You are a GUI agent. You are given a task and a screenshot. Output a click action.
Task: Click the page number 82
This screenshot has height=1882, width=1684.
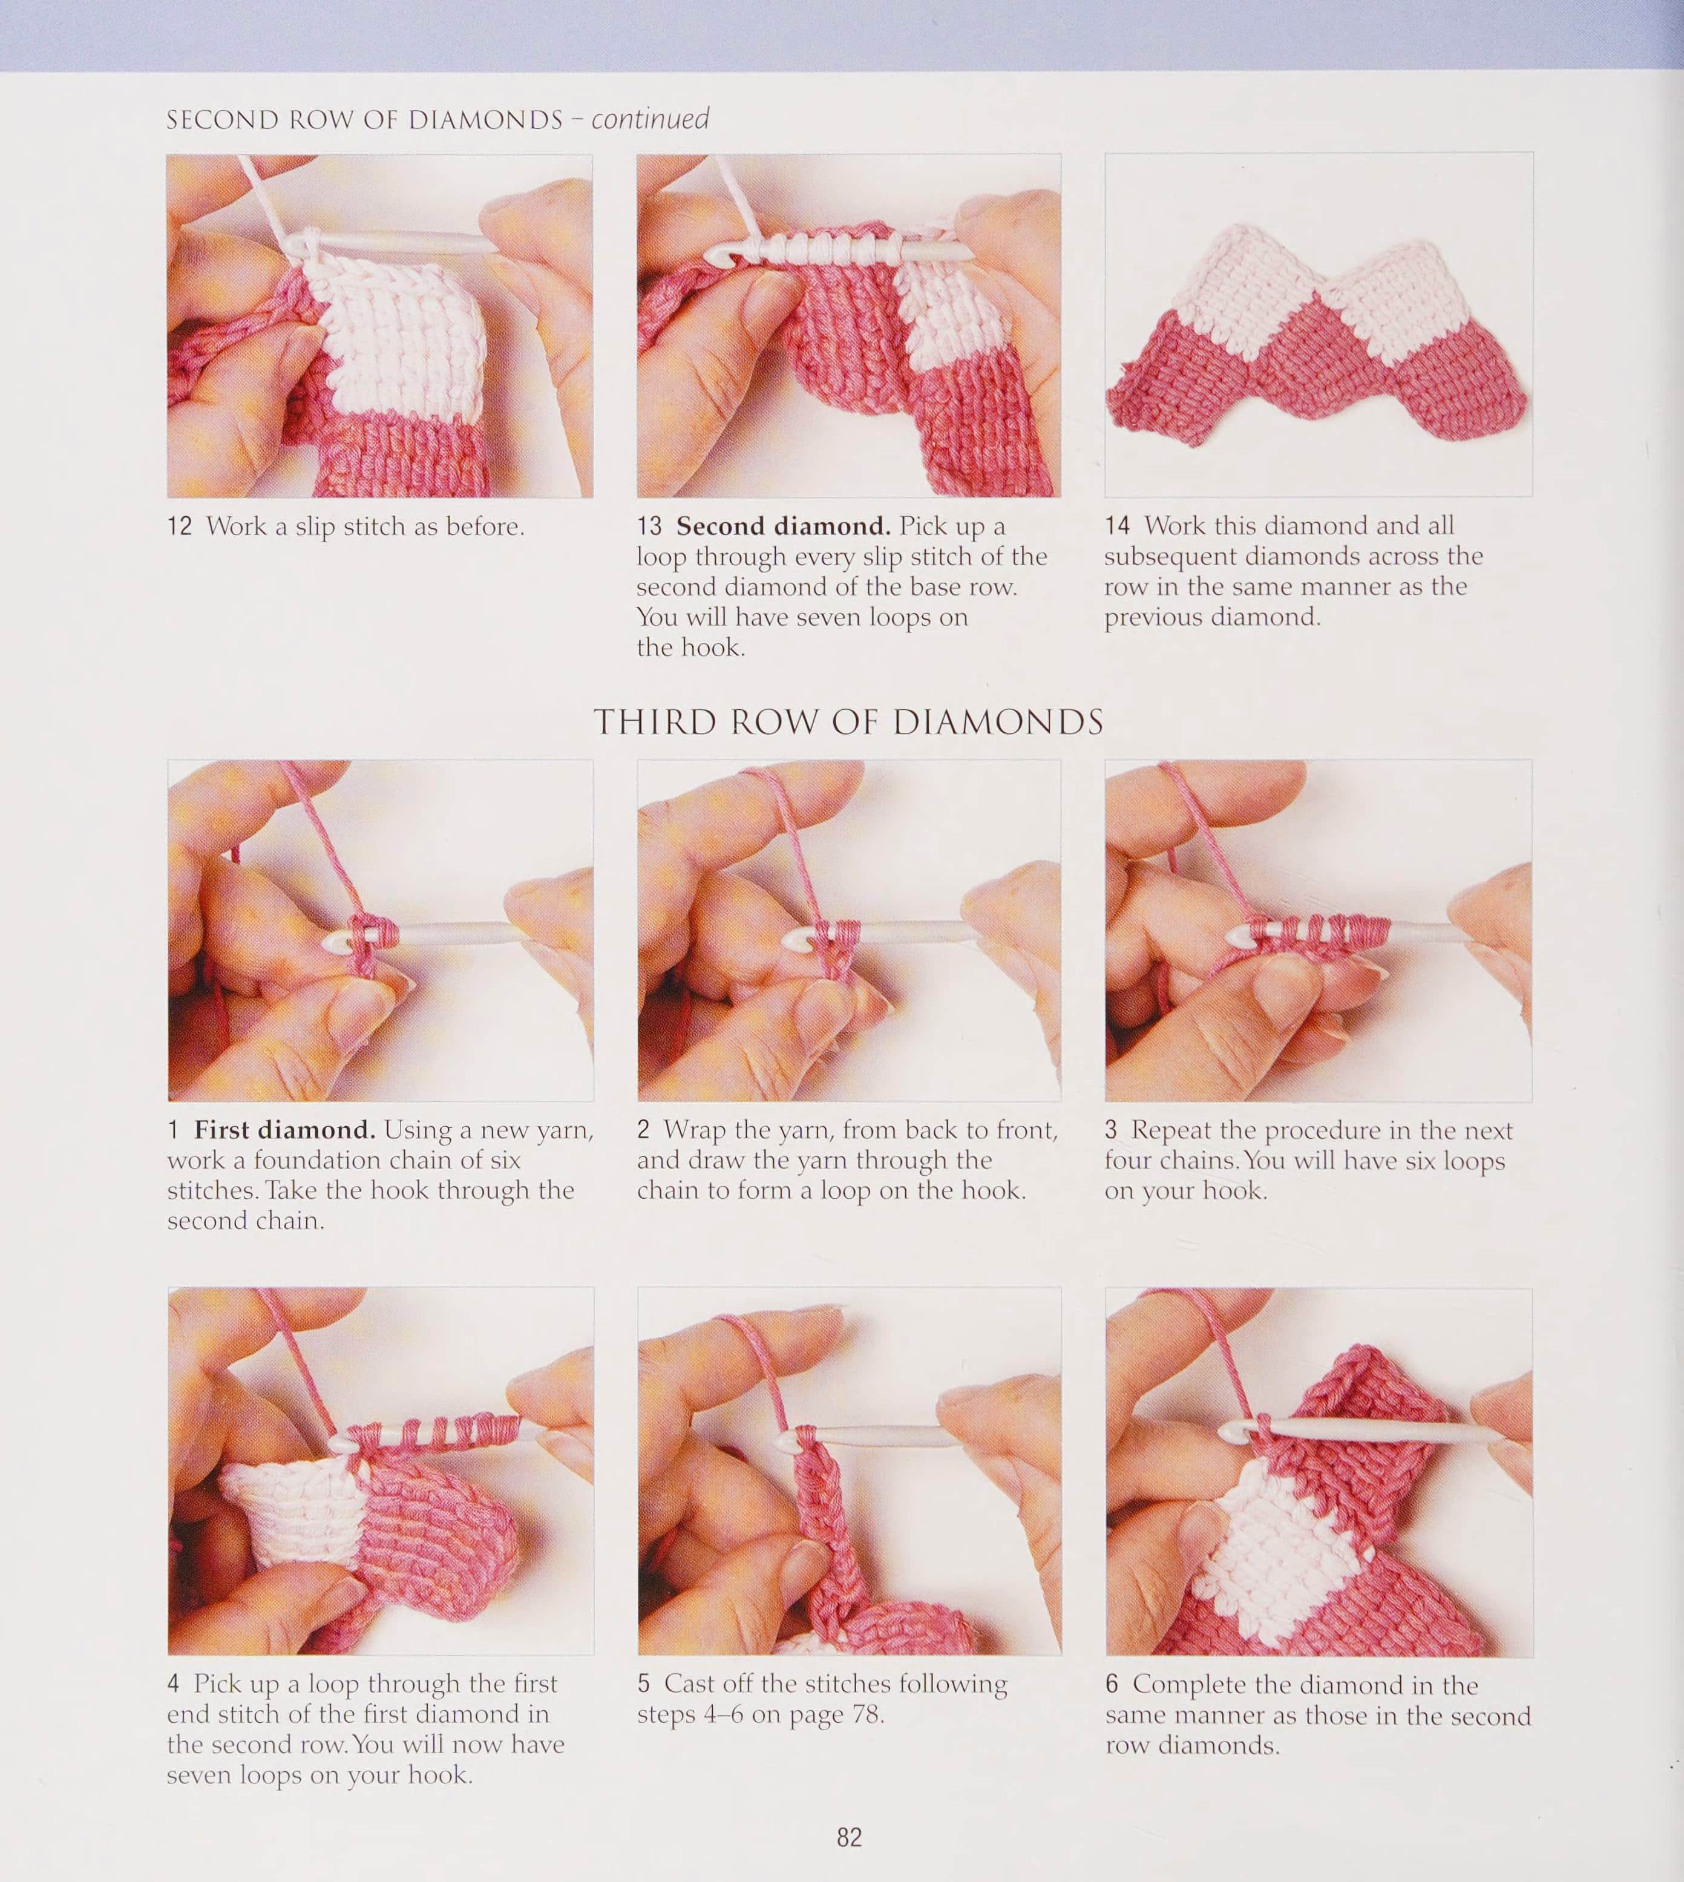point(850,1837)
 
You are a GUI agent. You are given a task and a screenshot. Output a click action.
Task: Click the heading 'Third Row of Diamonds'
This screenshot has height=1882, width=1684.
point(848,722)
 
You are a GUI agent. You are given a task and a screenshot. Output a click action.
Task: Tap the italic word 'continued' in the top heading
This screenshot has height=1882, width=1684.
point(650,119)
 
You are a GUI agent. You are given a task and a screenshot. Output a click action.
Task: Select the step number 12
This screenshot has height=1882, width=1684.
point(180,526)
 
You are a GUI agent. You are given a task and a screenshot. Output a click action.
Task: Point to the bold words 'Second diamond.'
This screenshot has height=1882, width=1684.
point(784,526)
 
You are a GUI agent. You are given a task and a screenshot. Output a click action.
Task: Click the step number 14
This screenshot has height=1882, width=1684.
point(1117,525)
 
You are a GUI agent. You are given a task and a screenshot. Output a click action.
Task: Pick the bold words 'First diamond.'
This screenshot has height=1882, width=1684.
point(284,1130)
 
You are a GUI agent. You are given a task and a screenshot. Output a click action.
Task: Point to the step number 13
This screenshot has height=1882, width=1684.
point(649,526)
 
